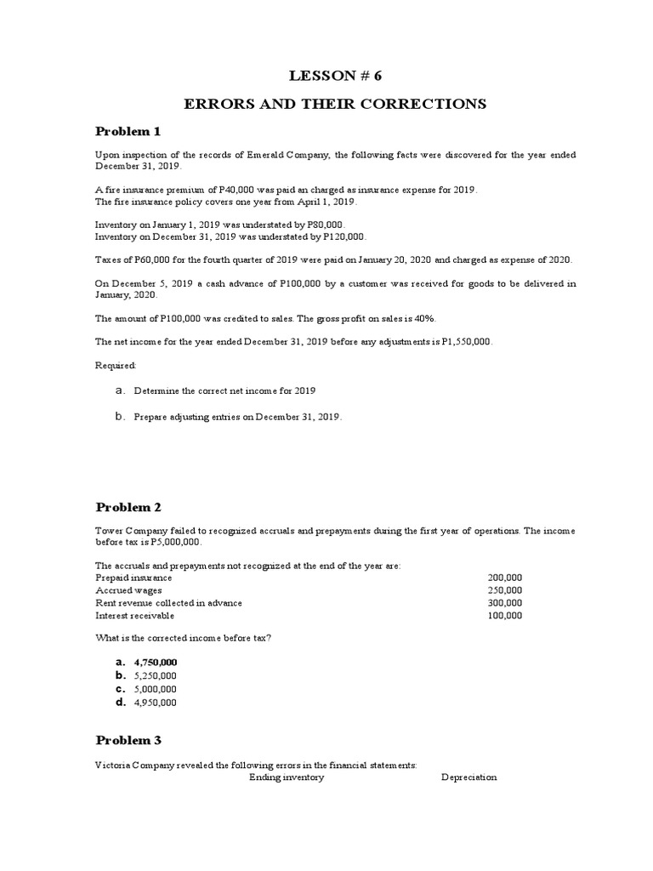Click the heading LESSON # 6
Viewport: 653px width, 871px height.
point(336,75)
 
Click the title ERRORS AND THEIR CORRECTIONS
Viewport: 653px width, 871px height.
point(336,104)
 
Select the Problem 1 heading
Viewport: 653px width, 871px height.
point(128,131)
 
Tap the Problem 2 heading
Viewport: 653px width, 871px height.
point(128,508)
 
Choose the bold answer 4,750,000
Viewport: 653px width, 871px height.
point(156,662)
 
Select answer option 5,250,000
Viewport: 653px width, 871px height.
point(156,675)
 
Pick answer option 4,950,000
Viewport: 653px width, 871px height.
point(156,703)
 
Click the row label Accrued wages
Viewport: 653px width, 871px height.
point(129,590)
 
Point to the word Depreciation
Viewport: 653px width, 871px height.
point(468,777)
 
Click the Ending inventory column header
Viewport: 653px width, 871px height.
point(287,777)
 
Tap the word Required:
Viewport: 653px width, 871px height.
point(115,365)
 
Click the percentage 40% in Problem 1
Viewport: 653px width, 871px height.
point(423,317)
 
